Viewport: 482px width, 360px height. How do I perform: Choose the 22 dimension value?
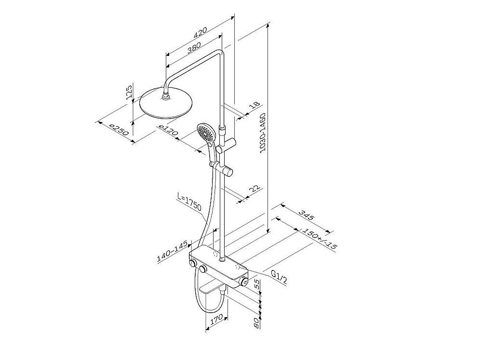254,190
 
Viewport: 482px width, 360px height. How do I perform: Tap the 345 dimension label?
307,215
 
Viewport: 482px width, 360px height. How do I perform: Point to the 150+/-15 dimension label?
320,238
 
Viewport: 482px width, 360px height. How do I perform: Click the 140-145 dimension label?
172,252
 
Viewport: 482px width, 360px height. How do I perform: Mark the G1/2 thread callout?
279,277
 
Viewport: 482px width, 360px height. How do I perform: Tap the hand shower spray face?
204,131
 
